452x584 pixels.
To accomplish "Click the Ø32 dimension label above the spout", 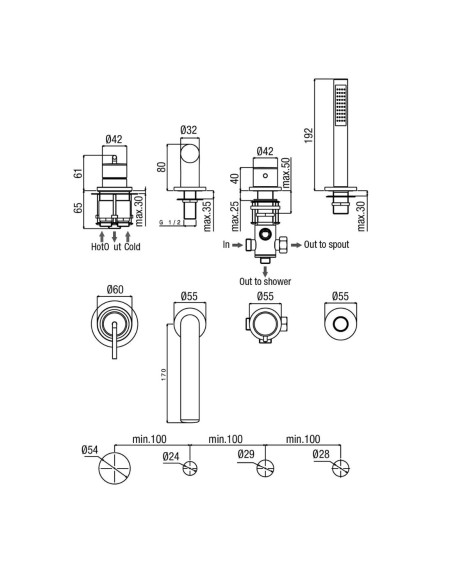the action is tap(189, 130).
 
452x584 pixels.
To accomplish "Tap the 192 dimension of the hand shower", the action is tap(309, 136).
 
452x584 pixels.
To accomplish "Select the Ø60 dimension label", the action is tap(115, 289).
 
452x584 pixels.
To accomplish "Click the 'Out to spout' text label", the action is tap(327, 245).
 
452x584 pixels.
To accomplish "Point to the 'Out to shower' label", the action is tap(265, 281).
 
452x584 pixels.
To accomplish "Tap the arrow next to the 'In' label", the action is tap(237, 245).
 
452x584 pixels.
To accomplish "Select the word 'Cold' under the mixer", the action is tap(132, 247).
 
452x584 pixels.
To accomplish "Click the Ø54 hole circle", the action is tap(115, 468).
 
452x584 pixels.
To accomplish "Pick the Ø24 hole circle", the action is tap(190, 468).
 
